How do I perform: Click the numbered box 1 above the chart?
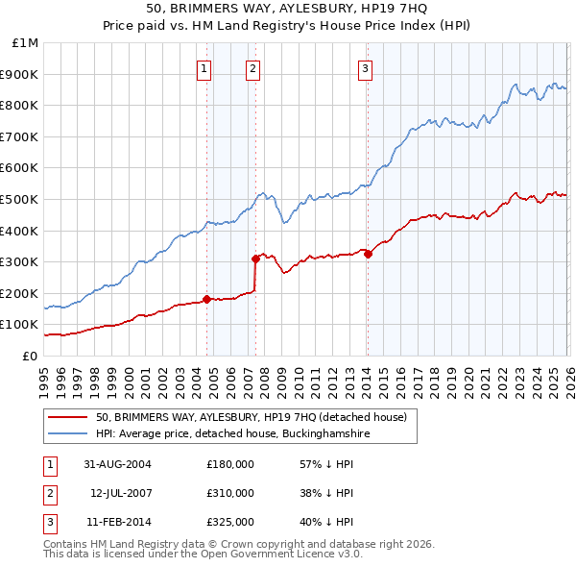205,67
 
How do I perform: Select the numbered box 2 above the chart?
252,67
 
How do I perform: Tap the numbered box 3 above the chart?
366,67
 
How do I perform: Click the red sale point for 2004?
206,299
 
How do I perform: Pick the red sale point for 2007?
255,258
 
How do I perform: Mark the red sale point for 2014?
368,254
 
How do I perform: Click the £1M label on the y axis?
24,42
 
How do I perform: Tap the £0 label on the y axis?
30,356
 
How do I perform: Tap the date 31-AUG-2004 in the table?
117,464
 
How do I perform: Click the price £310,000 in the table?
230,493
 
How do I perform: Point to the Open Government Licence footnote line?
203,555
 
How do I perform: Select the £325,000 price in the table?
230,522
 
